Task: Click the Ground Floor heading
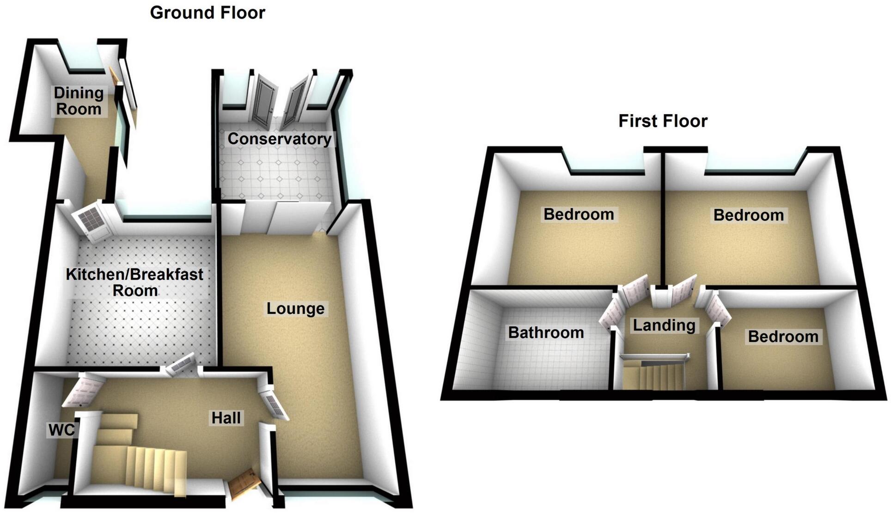[x=207, y=12]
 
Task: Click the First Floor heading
[x=663, y=121]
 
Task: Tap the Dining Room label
[x=79, y=101]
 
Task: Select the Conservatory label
[x=279, y=139]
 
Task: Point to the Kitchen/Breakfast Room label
[x=134, y=282]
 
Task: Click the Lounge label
[x=295, y=308]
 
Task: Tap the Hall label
[x=226, y=418]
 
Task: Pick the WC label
[x=61, y=430]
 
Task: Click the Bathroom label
[x=546, y=332]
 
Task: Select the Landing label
[x=664, y=325]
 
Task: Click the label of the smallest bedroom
[x=783, y=337]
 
